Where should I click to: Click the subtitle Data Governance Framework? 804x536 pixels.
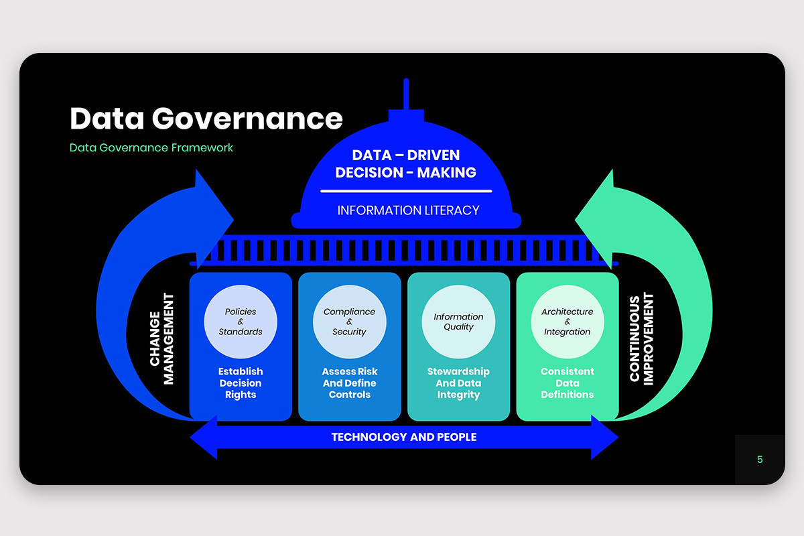[151, 147]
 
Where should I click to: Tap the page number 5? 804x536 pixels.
[760, 460]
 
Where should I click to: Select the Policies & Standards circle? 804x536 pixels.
[241, 322]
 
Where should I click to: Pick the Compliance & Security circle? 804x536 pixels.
[349, 322]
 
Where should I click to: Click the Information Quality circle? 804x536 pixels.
[458, 322]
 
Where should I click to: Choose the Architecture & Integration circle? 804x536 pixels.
[567, 322]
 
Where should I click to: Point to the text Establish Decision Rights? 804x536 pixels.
[241, 383]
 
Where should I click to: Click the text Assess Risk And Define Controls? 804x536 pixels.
[349, 383]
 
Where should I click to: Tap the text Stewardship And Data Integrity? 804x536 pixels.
[458, 383]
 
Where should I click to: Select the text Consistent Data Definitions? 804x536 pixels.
[567, 383]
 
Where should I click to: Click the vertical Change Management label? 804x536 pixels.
[161, 339]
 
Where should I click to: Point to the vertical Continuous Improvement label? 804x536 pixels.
[641, 339]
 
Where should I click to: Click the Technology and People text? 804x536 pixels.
[404, 437]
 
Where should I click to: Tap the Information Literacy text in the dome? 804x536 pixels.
[408, 210]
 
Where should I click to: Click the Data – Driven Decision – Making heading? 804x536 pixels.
[405, 164]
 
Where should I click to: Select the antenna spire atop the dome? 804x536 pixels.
[406, 94]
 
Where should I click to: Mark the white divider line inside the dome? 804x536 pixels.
[406, 191]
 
